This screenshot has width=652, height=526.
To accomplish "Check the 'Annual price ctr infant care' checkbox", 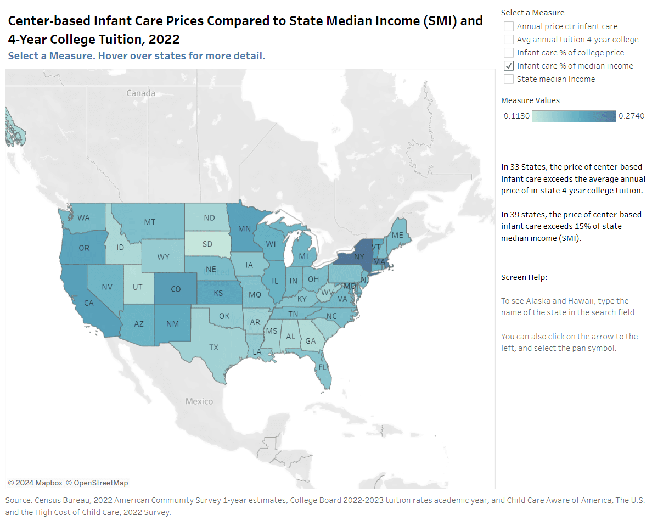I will coord(509,26).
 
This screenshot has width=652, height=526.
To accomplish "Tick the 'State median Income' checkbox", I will coord(509,79).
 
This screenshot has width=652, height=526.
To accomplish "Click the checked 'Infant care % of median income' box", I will coord(509,66).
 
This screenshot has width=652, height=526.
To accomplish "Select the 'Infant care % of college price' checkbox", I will coord(509,53).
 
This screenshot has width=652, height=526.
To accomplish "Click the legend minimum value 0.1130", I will coord(516,116).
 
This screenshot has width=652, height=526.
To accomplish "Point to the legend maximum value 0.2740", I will coord(631,116).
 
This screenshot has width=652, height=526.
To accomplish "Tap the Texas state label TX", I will coord(213,348).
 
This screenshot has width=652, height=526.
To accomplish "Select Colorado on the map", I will coord(175,289).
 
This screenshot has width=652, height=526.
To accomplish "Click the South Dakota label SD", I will coord(207,244).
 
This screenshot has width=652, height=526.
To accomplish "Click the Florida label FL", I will coord(323,367).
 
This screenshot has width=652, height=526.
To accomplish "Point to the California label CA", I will coord(89,303).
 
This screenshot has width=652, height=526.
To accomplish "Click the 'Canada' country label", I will coord(140,93).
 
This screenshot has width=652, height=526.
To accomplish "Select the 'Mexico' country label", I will coord(199,401).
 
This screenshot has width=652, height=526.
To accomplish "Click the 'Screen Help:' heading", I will coord(524,277).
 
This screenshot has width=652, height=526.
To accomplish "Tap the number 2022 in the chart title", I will coord(164,40).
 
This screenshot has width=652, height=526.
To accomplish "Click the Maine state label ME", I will coord(397,236).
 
